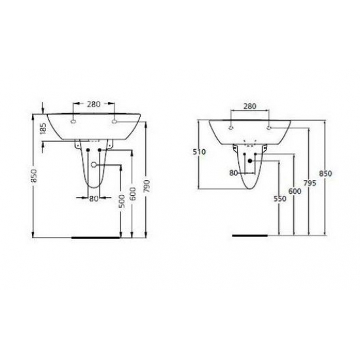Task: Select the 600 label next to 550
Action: (x=293, y=190)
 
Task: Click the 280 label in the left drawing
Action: (x=94, y=103)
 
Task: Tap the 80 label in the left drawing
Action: (x=93, y=198)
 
